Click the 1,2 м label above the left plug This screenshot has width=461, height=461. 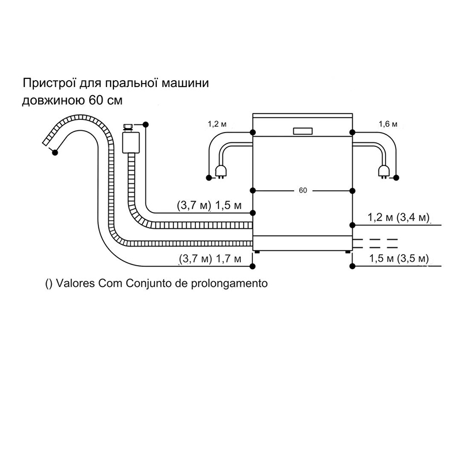[x=217, y=124]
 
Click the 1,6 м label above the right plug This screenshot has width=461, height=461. [x=388, y=124]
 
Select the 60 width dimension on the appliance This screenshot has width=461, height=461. [x=303, y=191]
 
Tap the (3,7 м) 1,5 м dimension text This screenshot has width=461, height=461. [x=209, y=206]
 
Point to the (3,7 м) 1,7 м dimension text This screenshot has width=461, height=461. [x=210, y=259]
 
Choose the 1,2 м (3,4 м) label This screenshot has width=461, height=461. [x=398, y=218]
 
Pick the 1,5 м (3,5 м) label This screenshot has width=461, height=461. [x=399, y=259]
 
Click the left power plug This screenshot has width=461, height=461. [x=221, y=172]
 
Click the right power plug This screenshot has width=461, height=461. [x=384, y=172]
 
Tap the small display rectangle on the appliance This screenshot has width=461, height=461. [x=303, y=131]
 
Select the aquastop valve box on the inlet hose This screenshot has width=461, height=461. [x=131, y=142]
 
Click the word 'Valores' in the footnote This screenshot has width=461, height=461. [x=75, y=284]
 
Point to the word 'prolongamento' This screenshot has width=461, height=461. [x=229, y=284]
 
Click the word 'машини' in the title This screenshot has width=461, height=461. [x=185, y=83]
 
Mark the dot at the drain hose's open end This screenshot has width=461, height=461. [x=55, y=152]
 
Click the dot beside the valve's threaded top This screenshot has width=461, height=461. [x=145, y=124]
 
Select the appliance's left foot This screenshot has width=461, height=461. [x=258, y=252]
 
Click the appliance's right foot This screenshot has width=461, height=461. [x=348, y=252]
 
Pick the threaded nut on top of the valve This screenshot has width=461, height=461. [x=128, y=127]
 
